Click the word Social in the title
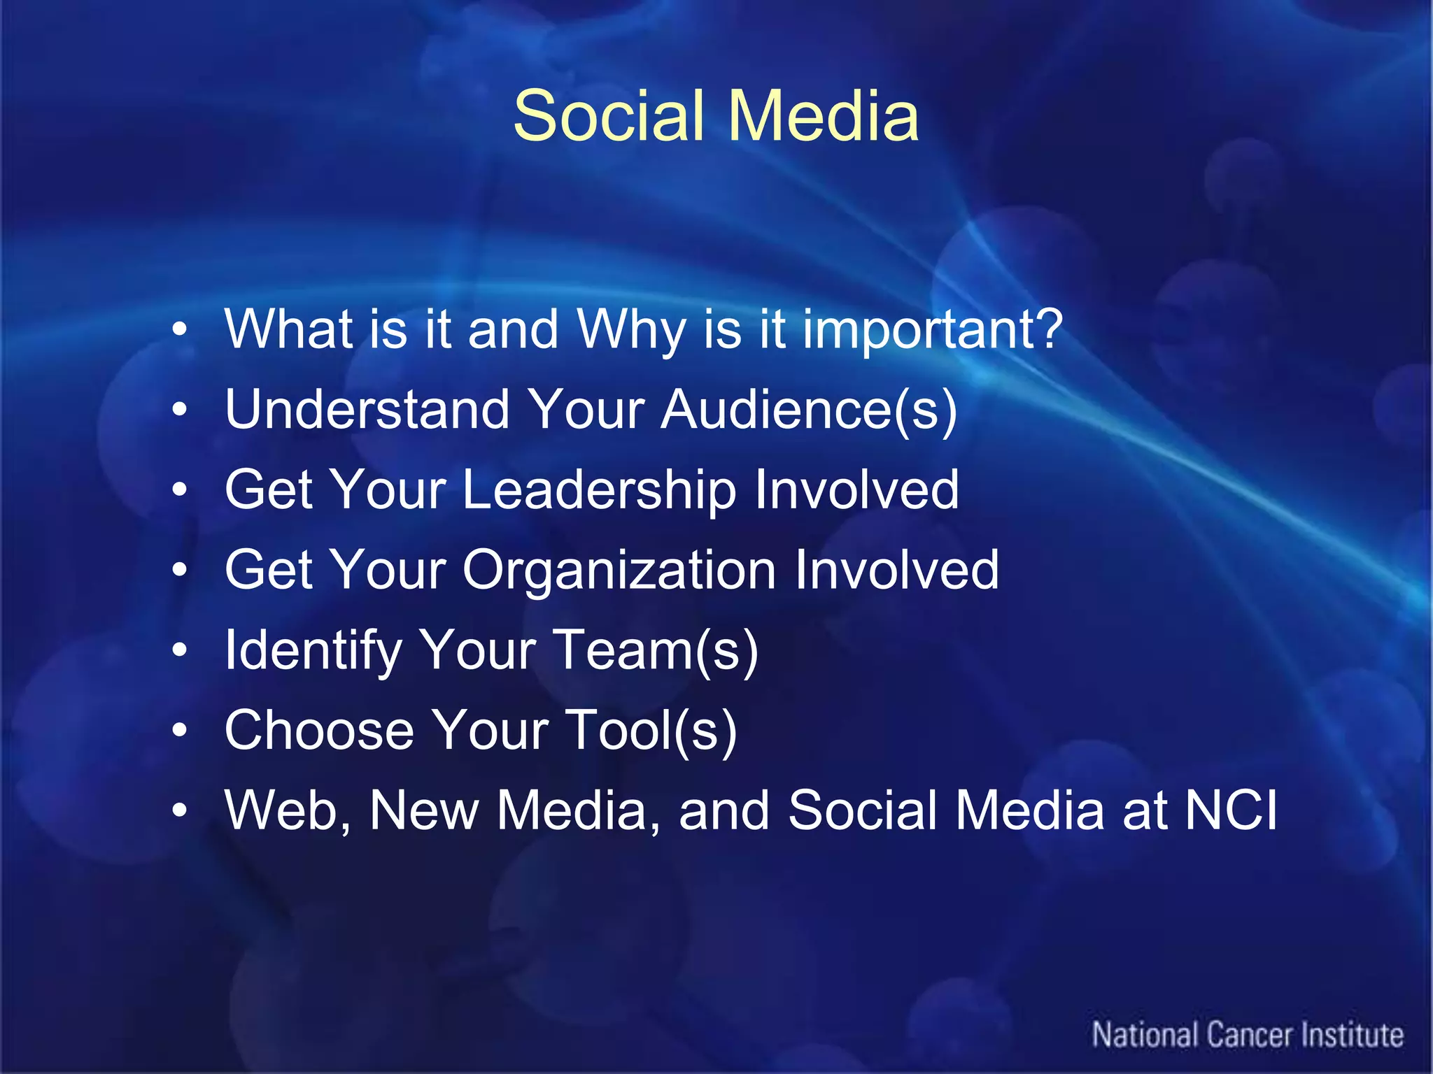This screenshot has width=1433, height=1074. [x=607, y=116]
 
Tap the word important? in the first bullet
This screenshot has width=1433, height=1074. [x=932, y=330]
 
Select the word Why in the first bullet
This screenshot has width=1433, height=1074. [x=630, y=330]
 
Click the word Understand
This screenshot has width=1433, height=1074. [x=367, y=410]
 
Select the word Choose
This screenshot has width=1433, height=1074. [x=319, y=731]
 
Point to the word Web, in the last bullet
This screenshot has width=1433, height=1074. [x=288, y=811]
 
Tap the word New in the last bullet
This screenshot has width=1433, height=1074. [x=424, y=811]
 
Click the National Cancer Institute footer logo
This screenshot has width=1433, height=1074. [x=1248, y=1036]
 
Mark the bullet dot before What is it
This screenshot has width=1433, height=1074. [x=180, y=330]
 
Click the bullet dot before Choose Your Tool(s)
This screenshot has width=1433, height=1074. [x=180, y=731]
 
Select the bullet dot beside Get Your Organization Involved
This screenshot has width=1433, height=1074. [x=180, y=571]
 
